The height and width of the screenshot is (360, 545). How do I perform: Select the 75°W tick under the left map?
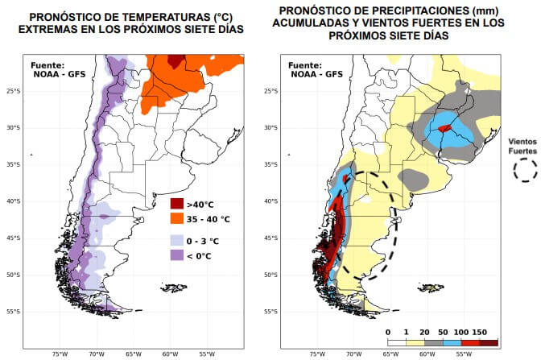coord(60,353)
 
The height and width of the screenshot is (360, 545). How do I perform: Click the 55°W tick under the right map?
coord(464,353)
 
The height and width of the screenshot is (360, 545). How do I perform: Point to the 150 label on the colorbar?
coord(480,331)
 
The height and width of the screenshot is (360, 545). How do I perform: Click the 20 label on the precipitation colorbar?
coord(424,331)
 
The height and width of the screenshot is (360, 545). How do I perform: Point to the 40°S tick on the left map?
coord(11,201)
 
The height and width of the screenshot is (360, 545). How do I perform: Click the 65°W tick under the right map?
coord(391,353)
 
